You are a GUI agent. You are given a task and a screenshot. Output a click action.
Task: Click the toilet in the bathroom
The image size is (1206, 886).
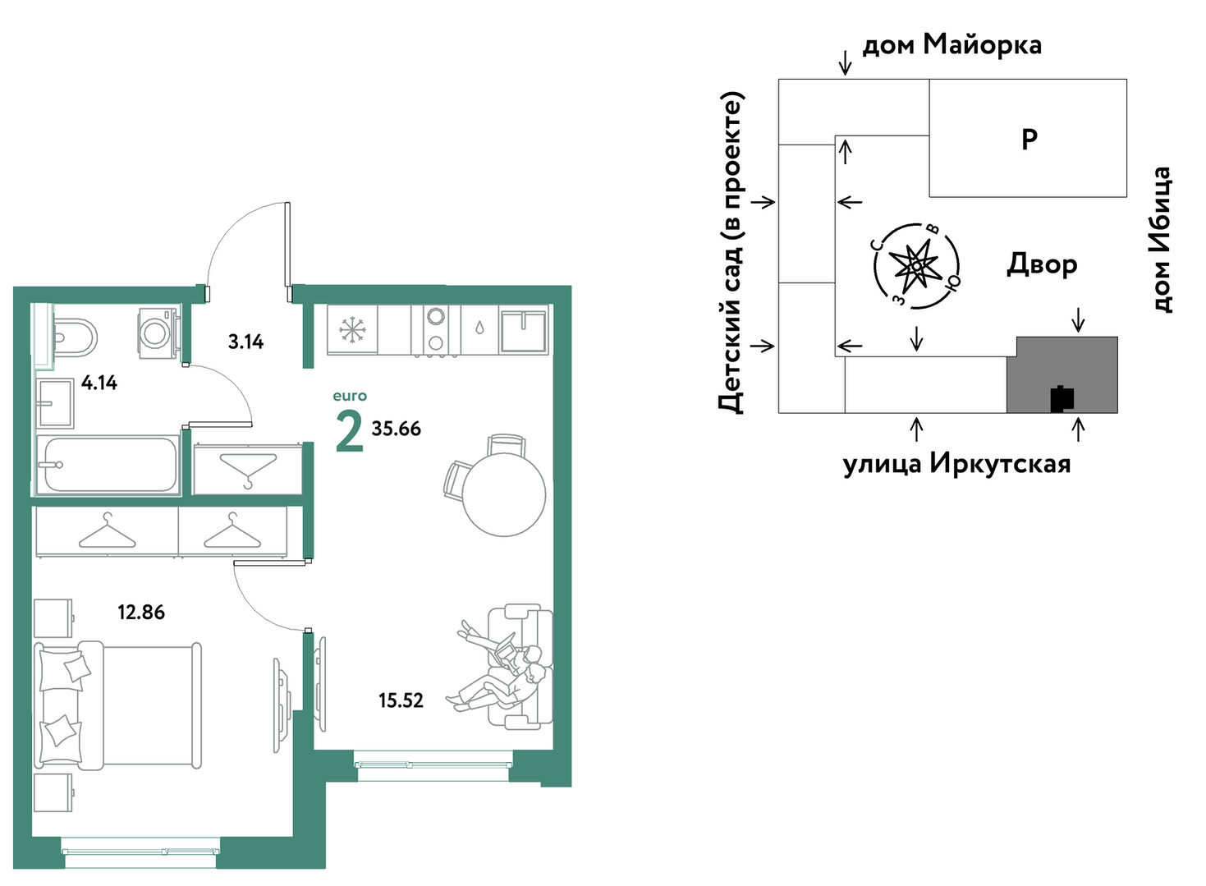coord(75,337)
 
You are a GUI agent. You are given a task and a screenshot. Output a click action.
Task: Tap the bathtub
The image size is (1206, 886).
coord(108,464)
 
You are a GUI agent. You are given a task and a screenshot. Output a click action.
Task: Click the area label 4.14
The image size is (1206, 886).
coord(99,383)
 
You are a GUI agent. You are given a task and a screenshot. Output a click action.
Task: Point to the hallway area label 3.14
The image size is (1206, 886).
coord(246,342)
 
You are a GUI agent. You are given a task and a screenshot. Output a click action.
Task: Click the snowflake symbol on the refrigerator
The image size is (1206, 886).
coord(353,329)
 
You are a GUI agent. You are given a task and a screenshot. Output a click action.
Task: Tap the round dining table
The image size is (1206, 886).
coord(504,493)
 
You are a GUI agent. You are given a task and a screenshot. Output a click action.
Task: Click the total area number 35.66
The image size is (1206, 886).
coord(397,429)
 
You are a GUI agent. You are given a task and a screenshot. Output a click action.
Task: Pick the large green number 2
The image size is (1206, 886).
coord(350,431)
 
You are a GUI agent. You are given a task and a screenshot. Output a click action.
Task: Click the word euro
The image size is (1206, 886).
coord(350,397)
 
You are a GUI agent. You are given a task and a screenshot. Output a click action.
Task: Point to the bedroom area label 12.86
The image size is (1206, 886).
coord(141,613)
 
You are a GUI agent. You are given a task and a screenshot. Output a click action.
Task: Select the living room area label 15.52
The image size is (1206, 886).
coord(401,700)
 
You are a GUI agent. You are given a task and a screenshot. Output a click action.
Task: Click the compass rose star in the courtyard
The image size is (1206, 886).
coord(916,266)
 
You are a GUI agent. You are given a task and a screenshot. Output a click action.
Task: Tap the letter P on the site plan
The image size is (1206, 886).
coord(1029,140)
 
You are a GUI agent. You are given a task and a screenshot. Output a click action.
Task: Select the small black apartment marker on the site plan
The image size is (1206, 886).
coord(1062,398)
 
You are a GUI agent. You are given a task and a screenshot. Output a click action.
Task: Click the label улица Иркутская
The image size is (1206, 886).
coord(956,464)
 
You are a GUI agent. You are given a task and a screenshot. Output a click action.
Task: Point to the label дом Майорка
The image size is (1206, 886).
coord(952,45)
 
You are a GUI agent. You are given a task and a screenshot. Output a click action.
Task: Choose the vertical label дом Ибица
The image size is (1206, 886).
coord(1162,239)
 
